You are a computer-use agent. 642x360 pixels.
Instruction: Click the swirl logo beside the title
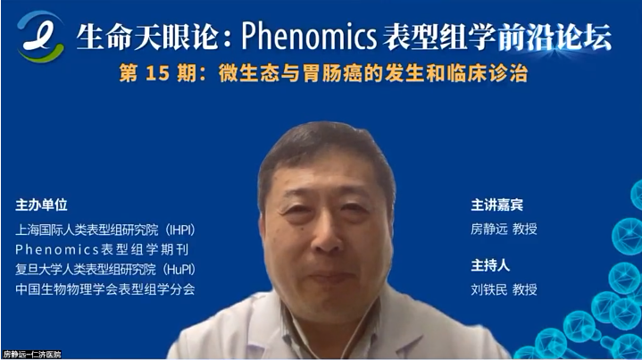pos(40,36)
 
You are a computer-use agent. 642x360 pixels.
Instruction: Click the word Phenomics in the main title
pos(309,36)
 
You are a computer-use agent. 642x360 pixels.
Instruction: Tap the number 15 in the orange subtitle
pos(157,74)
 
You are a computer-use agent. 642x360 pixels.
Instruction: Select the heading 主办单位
pos(41,205)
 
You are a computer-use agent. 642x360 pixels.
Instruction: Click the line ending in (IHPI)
pos(105,230)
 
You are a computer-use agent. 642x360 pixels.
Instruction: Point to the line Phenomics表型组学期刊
pos(102,249)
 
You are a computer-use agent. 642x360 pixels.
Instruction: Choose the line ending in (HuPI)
pos(105,269)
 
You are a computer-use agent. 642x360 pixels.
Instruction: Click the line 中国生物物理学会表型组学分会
pos(105,289)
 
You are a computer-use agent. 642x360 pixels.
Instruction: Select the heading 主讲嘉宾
pos(496,205)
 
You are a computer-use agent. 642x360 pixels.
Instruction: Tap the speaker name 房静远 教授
pos(504,229)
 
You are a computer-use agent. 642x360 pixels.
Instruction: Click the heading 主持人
pos(490,265)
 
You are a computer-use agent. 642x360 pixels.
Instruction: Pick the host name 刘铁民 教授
pos(504,289)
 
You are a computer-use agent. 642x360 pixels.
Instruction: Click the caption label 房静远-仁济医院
pos(31,355)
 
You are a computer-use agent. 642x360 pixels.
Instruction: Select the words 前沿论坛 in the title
pos(554,37)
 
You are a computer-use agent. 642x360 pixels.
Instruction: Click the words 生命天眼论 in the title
pos(147,37)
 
